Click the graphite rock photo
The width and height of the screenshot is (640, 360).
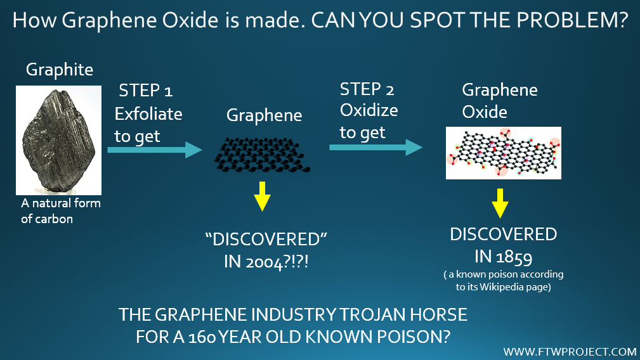click(x=58, y=140)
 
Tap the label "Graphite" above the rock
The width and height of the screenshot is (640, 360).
click(x=60, y=70)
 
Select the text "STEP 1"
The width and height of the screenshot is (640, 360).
click(x=146, y=91)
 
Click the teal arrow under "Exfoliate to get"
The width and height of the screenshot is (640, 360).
click(x=155, y=150)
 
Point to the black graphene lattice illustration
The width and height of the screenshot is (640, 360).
click(x=262, y=155)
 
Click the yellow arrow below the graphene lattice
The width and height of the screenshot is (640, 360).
click(x=262, y=196)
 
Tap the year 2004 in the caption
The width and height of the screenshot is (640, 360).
click(x=264, y=262)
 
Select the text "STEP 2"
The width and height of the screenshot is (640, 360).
click(x=367, y=89)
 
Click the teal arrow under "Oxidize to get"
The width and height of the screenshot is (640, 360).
click(x=376, y=147)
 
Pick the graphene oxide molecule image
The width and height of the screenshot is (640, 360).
click(x=503, y=153)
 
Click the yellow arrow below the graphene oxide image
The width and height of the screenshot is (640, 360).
click(x=500, y=203)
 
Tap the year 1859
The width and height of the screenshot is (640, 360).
click(x=514, y=257)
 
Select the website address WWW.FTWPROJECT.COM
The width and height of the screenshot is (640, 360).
click(x=570, y=351)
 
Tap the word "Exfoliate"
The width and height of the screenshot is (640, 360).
click(x=148, y=113)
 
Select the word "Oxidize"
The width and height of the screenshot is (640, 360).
click(x=369, y=110)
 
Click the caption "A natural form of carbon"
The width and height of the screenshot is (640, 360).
click(x=61, y=211)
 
